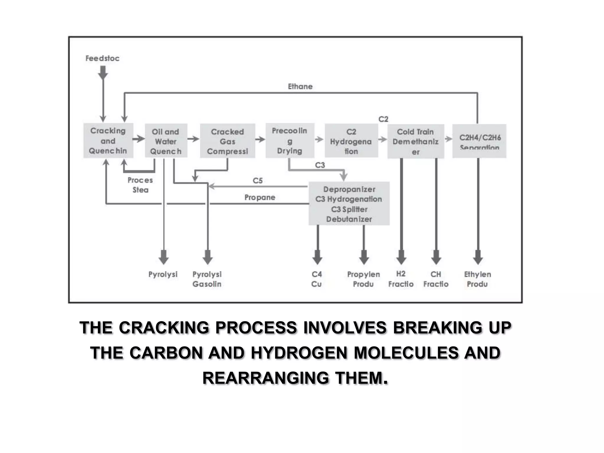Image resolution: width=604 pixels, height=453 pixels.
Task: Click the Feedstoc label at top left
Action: point(102,58)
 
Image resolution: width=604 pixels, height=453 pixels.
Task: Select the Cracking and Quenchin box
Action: point(108,141)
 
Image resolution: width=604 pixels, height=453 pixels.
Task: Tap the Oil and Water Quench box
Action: point(166,141)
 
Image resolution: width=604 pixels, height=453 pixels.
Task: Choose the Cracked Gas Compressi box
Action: point(227,141)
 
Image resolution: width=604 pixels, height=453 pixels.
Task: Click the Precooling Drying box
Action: point(290,141)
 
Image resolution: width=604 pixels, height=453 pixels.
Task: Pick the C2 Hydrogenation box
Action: point(351,141)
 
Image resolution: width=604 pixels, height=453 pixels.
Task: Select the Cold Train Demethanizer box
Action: point(415,141)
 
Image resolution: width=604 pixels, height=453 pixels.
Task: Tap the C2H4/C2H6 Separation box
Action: point(479,141)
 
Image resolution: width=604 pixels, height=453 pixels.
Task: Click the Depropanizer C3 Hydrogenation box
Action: point(349,203)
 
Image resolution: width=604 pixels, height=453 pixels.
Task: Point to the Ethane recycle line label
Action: point(300,86)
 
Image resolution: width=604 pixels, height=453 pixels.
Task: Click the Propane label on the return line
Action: point(260,197)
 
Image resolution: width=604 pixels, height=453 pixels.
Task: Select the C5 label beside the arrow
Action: point(257,180)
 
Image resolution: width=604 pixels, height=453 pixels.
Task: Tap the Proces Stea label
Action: point(140,185)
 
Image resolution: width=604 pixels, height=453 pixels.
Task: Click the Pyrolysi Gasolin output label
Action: point(207,279)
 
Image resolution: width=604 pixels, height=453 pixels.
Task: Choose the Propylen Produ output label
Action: point(363,279)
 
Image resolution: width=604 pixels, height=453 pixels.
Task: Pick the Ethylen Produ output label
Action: point(477,279)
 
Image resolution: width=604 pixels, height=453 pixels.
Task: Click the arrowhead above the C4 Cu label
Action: point(317,257)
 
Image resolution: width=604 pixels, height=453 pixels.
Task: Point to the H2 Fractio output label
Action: point(401,279)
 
